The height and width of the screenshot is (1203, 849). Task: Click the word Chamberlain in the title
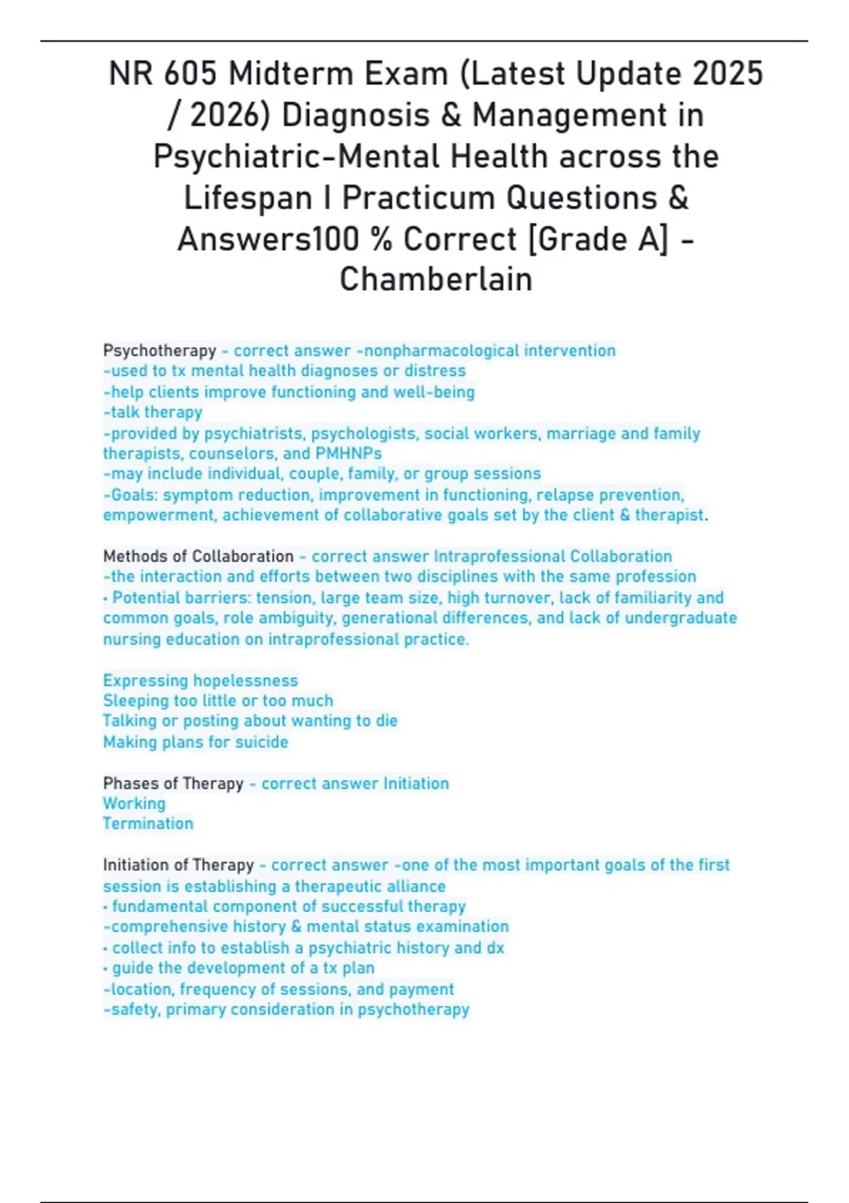pyautogui.click(x=435, y=279)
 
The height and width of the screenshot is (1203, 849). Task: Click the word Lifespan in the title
pyautogui.click(x=248, y=197)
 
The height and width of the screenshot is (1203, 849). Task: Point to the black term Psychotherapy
pyautogui.click(x=159, y=350)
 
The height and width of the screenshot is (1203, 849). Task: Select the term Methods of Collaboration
pyautogui.click(x=198, y=556)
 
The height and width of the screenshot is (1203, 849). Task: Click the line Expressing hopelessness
pyautogui.click(x=200, y=680)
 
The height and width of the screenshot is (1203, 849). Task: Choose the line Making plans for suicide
pyautogui.click(x=195, y=742)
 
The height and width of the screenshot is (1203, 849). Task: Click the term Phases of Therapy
pyautogui.click(x=173, y=783)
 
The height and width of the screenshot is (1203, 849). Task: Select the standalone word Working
pyautogui.click(x=134, y=803)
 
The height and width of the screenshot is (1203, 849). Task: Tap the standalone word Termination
pyautogui.click(x=148, y=823)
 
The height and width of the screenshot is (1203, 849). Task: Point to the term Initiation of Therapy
pyautogui.click(x=178, y=865)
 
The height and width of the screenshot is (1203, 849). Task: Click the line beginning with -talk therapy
pyautogui.click(x=153, y=412)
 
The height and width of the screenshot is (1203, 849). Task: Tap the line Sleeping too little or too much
pyautogui.click(x=218, y=701)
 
